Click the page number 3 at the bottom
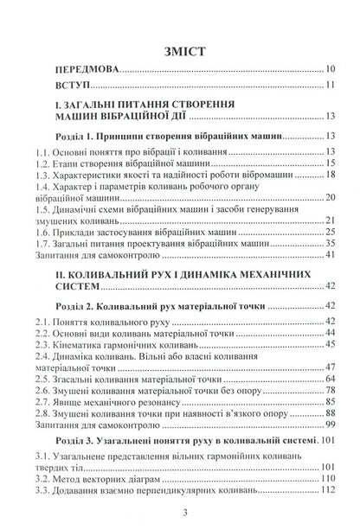(x=179, y=515)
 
